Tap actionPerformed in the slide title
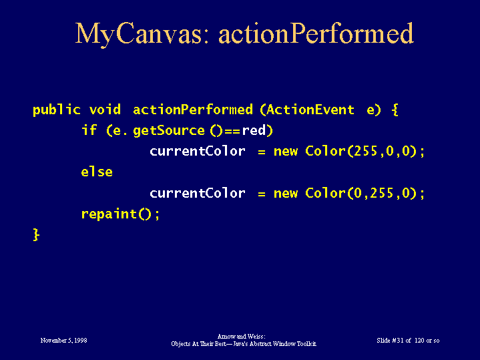316,33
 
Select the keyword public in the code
56,110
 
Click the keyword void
105,110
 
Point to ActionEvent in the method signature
310,110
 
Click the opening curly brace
395,110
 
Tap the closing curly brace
36,234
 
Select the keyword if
89,130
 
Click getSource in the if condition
169,131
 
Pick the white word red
254,130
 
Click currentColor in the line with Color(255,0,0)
198,152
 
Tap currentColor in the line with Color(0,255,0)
198,193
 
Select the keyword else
97,172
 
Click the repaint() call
120,214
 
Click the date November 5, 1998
63,341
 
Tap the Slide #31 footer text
408,341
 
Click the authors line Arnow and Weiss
241,337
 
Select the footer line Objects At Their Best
244,344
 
